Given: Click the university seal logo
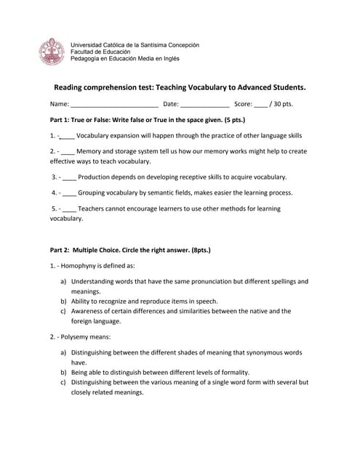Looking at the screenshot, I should (52, 52).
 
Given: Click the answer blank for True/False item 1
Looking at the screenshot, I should (66, 136).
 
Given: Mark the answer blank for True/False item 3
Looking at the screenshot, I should (70, 177).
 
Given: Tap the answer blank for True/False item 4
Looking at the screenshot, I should (70, 193).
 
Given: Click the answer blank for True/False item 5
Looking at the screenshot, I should (70, 209).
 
